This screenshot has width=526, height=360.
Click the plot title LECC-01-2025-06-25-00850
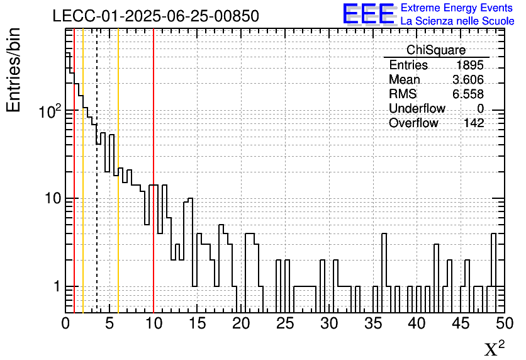155,16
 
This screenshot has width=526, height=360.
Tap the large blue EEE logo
368,14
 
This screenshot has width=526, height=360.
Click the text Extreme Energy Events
457,8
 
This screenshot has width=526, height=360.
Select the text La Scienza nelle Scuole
457,21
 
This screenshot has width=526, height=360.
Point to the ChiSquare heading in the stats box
436,50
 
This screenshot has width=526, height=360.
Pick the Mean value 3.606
468,80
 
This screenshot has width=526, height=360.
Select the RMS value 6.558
468,94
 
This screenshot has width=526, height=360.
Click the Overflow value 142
474,123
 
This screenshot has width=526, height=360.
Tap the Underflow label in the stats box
417,109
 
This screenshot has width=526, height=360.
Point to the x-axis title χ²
493,349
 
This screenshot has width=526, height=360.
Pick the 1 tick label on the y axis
56,287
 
